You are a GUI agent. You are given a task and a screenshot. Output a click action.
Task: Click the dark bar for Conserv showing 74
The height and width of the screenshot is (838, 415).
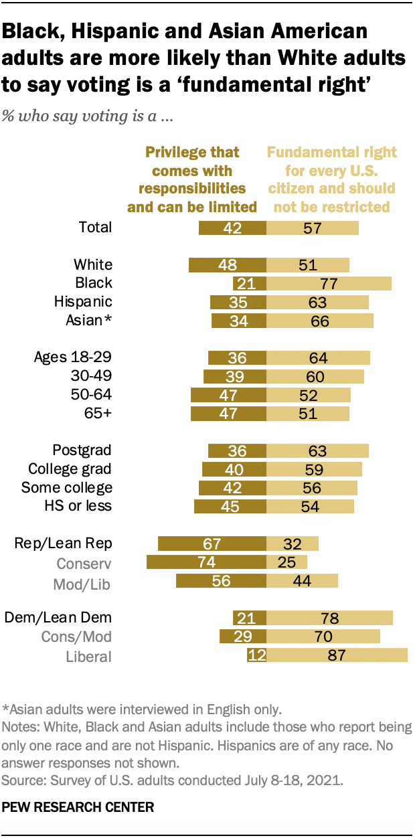point(206,562)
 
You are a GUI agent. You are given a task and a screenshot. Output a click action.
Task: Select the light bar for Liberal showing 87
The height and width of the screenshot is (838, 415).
point(337,655)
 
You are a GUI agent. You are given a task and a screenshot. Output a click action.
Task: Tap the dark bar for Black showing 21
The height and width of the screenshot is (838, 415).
point(250,283)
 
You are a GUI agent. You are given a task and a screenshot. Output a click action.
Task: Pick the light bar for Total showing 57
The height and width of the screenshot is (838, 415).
point(313,228)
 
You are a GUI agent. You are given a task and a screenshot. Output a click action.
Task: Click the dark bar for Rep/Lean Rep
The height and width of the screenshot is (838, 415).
point(212,543)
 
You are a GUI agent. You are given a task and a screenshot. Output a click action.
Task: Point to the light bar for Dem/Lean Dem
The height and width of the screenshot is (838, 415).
point(329,617)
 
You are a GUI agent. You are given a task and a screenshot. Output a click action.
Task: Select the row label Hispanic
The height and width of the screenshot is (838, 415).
point(83,302)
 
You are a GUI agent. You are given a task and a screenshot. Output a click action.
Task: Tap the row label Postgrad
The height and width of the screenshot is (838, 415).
point(82,450)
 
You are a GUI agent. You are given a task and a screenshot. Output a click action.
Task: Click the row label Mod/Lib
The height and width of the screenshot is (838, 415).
point(81,584)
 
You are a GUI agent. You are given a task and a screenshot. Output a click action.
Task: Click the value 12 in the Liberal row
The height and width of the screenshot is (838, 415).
point(257,655)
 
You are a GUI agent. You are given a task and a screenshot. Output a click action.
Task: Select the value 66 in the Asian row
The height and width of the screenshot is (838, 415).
point(320,321)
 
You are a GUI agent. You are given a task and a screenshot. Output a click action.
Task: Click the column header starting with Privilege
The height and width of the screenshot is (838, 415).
point(192,180)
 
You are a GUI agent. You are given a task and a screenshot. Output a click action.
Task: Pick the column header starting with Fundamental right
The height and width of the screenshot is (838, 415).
point(332,180)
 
